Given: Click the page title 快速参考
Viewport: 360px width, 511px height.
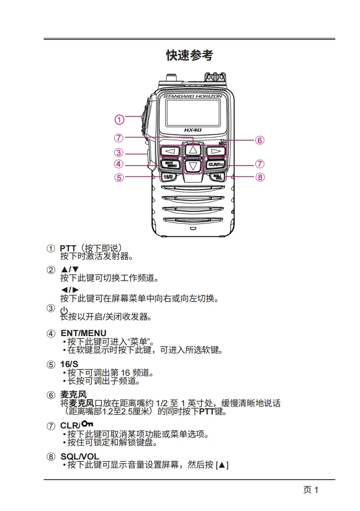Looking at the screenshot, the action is [189, 56].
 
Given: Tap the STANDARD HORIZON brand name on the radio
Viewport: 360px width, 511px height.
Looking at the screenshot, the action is [193, 97].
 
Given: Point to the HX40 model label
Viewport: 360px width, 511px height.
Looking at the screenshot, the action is [193, 130].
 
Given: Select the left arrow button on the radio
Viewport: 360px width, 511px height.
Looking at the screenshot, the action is [170, 151].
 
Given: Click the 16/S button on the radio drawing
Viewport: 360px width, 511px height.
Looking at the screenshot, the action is [167, 176].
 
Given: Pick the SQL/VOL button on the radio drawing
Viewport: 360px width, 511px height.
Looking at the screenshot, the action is [218, 177].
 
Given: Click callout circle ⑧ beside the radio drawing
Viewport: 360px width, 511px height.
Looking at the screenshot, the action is [260, 177].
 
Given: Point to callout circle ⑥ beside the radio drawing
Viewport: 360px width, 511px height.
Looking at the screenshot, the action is [259, 140].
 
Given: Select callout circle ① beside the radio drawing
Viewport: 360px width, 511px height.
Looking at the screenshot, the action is [119, 120].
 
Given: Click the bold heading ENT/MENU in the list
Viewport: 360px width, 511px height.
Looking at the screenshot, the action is [83, 333].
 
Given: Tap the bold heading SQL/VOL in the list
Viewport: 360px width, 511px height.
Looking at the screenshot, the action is [80, 456].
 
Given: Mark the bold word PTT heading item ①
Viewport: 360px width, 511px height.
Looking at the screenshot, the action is [68, 248].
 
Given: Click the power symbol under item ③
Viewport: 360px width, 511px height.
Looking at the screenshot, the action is [64, 310].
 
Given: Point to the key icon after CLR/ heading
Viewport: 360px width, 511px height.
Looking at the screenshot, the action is [87, 424].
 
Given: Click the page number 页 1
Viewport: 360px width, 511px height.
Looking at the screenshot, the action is [310, 490].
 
